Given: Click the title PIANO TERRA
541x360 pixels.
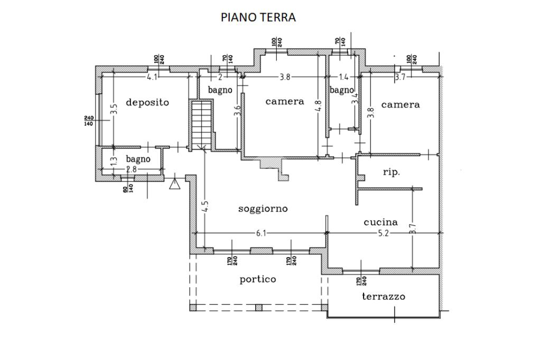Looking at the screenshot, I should [x=258, y=17].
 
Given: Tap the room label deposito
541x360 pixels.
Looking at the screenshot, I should [x=147, y=102].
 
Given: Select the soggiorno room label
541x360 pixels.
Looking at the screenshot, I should [x=263, y=209].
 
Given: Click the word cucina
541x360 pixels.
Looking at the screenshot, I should [x=381, y=222].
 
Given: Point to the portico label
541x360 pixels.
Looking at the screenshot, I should [x=258, y=279].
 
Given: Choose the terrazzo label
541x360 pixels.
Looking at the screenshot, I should [x=384, y=296].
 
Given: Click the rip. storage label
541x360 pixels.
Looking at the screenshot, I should [x=391, y=172].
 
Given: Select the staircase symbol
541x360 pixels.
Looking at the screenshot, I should [x=202, y=125].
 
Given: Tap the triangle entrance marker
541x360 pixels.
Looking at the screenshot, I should [x=174, y=183].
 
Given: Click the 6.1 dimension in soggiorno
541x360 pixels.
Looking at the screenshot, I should [x=261, y=233].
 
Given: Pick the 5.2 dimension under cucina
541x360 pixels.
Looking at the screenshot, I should [x=384, y=233].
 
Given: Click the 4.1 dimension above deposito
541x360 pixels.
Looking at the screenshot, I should [x=152, y=77].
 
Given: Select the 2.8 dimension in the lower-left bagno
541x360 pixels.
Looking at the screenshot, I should [x=131, y=169].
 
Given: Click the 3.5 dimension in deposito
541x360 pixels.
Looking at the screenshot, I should [x=114, y=109].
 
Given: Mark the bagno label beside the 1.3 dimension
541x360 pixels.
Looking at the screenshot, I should [x=138, y=159].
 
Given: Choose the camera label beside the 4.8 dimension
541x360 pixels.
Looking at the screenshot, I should [x=285, y=101].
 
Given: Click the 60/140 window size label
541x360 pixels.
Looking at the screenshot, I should [x=127, y=186].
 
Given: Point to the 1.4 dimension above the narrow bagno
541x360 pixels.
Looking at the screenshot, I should [x=343, y=77].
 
